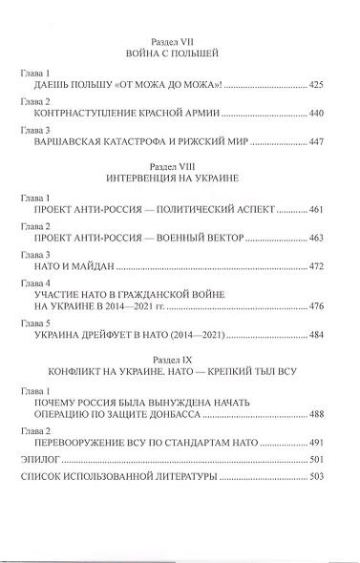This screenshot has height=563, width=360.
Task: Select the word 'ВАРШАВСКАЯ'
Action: [x=71, y=141]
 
